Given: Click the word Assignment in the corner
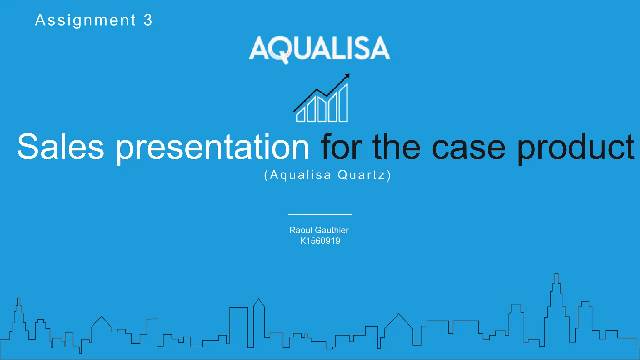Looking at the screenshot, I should [x=85, y=21].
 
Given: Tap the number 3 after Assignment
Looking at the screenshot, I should [x=148, y=21].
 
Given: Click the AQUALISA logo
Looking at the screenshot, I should [x=319, y=48].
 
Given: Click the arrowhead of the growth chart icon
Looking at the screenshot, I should [x=347, y=76].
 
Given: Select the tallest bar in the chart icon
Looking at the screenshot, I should [x=343, y=103].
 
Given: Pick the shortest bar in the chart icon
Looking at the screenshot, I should [x=301, y=115].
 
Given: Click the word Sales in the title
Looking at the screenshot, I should [x=60, y=147].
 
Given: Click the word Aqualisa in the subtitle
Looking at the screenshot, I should [x=300, y=175].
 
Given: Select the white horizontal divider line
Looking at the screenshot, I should [x=320, y=214].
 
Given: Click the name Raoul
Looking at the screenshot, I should [x=301, y=230].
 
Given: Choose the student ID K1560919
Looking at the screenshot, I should [x=320, y=241].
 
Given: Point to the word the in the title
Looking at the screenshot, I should [x=396, y=147].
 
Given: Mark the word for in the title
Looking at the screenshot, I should [x=341, y=147].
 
